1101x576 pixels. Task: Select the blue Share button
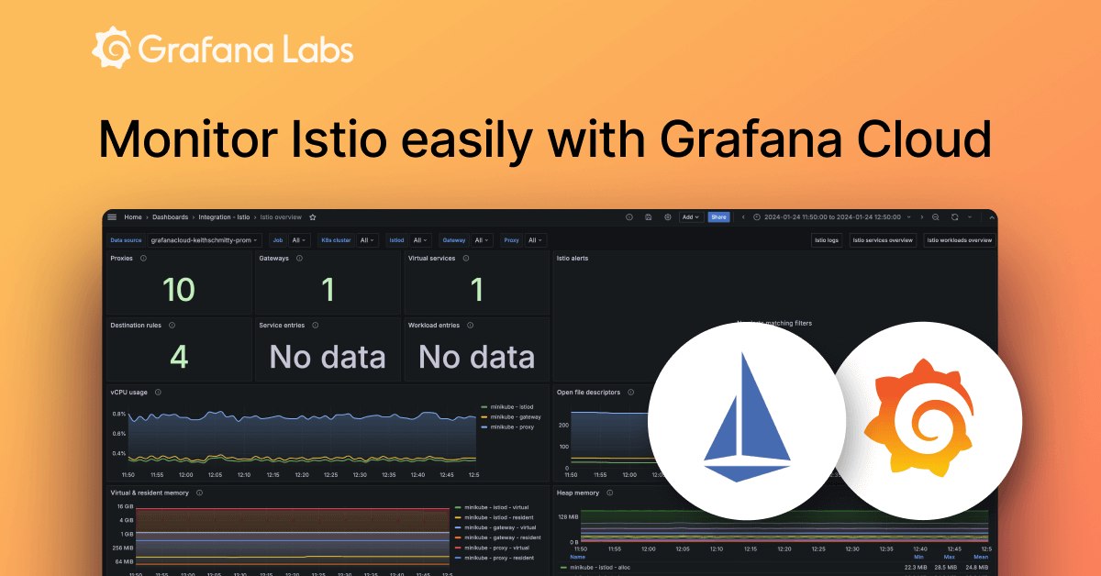[x=718, y=217]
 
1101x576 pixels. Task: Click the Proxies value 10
[x=179, y=290]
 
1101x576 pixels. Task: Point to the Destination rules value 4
[x=179, y=357]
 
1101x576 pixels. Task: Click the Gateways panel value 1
[x=328, y=290]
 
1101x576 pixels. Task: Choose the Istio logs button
[x=826, y=240]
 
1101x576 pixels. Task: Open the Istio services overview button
[x=882, y=240]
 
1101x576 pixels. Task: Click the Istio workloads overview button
[x=959, y=240]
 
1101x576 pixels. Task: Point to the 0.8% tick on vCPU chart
[x=119, y=414]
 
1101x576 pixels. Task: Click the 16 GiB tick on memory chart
[x=124, y=506]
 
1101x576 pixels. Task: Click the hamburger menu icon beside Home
[x=112, y=217]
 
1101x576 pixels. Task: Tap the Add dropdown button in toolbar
[x=691, y=217]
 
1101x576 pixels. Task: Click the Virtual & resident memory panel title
[x=150, y=493]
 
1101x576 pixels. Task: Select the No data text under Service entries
[x=328, y=357]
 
